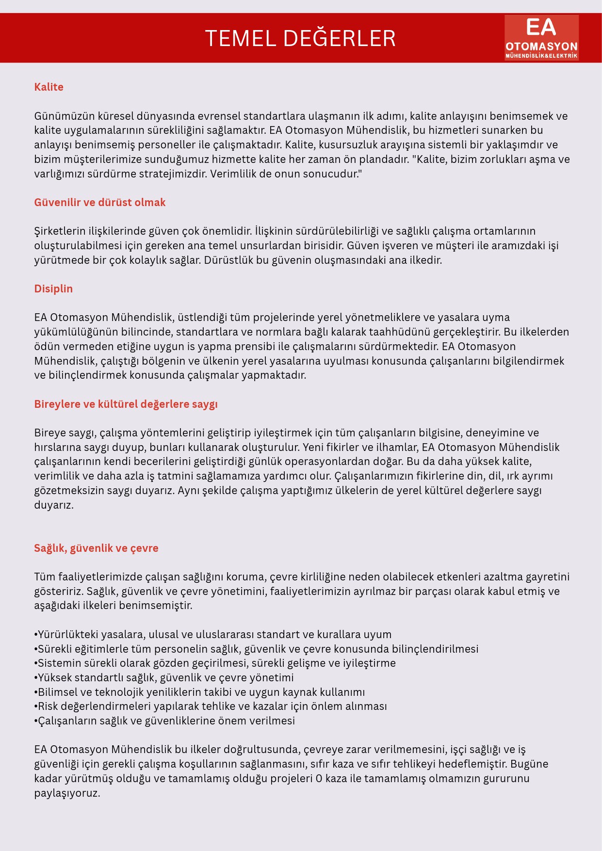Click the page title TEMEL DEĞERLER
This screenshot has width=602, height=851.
click(x=300, y=38)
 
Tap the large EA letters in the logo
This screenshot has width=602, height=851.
click(x=541, y=28)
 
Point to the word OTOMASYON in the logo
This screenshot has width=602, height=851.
click(x=541, y=47)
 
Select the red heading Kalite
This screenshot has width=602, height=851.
click(x=49, y=87)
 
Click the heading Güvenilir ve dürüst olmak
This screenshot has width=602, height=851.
click(x=99, y=203)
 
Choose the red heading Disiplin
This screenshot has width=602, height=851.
click(x=53, y=289)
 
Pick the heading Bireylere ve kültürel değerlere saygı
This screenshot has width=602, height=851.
click(x=126, y=404)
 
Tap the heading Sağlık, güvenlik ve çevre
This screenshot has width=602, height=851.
click(x=96, y=548)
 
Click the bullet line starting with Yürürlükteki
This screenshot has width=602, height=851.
click(x=212, y=635)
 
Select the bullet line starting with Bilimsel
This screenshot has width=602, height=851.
click(x=199, y=692)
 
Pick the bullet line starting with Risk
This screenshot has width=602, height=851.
click(x=211, y=706)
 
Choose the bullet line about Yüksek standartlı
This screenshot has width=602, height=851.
click(x=164, y=678)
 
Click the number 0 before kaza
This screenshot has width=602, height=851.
click(x=319, y=779)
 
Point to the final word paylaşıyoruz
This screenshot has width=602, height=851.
click(x=67, y=794)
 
